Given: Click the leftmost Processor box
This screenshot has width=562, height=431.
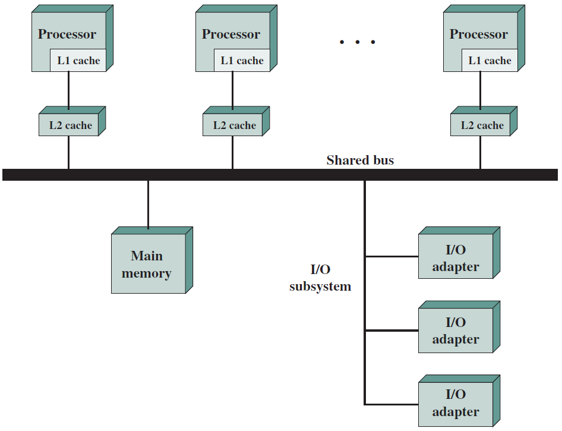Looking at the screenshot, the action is click(x=72, y=39).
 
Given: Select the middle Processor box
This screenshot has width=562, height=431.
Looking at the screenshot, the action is click(x=236, y=39).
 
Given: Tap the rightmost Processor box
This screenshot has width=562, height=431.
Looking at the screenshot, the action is click(x=484, y=39).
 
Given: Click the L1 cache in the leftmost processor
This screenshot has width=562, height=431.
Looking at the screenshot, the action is click(x=78, y=60).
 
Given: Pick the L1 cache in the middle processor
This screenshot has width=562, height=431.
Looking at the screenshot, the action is click(x=242, y=60).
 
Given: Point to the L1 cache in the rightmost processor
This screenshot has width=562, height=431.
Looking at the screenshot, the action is click(x=490, y=60).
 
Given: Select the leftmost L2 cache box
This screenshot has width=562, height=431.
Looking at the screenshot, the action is click(x=72, y=121).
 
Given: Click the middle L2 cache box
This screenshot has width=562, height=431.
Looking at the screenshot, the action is click(x=236, y=121).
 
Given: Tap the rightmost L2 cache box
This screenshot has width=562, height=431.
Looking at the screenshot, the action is click(x=484, y=121).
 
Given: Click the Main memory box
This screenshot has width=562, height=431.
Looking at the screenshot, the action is click(x=152, y=260).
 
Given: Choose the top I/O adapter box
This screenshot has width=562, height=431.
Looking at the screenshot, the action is click(x=459, y=253).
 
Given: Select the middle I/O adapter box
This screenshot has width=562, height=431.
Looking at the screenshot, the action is click(x=459, y=327).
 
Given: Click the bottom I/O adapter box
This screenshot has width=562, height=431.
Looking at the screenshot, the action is click(x=459, y=401).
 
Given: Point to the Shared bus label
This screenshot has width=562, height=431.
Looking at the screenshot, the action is click(x=360, y=160).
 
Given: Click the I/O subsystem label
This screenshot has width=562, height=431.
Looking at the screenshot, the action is click(x=320, y=278).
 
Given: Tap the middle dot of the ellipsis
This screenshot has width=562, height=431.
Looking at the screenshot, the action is click(x=358, y=42).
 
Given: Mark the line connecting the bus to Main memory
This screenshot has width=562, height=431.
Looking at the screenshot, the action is click(x=148, y=204).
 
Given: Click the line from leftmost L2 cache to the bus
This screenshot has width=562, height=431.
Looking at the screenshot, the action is click(x=68, y=152).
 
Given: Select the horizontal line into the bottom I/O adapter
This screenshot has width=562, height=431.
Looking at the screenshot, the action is click(x=391, y=404).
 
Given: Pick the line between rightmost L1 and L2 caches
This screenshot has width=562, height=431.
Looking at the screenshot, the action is click(x=480, y=90).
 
